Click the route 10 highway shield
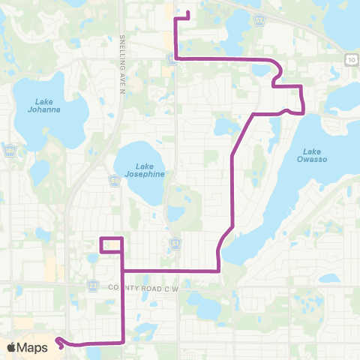351,57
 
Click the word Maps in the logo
32,347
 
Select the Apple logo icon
11,346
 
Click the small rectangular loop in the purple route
110,245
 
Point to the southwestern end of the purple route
57,341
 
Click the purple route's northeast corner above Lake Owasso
301,87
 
